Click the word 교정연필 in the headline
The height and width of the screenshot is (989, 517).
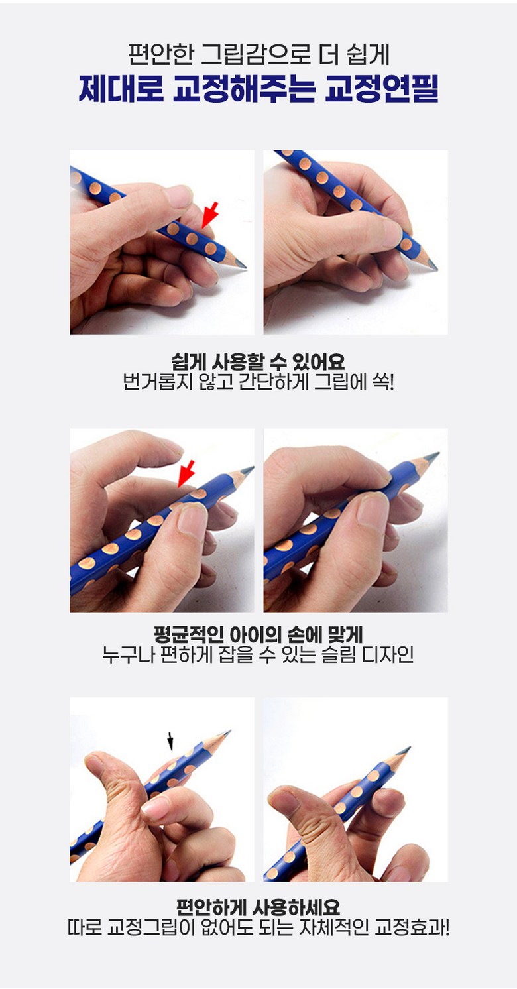point(382,89)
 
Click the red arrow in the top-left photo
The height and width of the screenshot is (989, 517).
point(210,215)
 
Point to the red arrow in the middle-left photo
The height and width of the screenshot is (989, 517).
point(186,473)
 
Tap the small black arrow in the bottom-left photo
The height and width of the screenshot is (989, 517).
point(170,741)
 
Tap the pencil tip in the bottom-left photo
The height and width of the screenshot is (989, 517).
point(227,733)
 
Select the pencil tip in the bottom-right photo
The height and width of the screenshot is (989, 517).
point(406,750)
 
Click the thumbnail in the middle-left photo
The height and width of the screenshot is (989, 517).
point(192,520)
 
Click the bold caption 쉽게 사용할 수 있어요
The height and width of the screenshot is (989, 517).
point(258,362)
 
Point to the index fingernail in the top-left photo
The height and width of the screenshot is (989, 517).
point(178,196)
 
